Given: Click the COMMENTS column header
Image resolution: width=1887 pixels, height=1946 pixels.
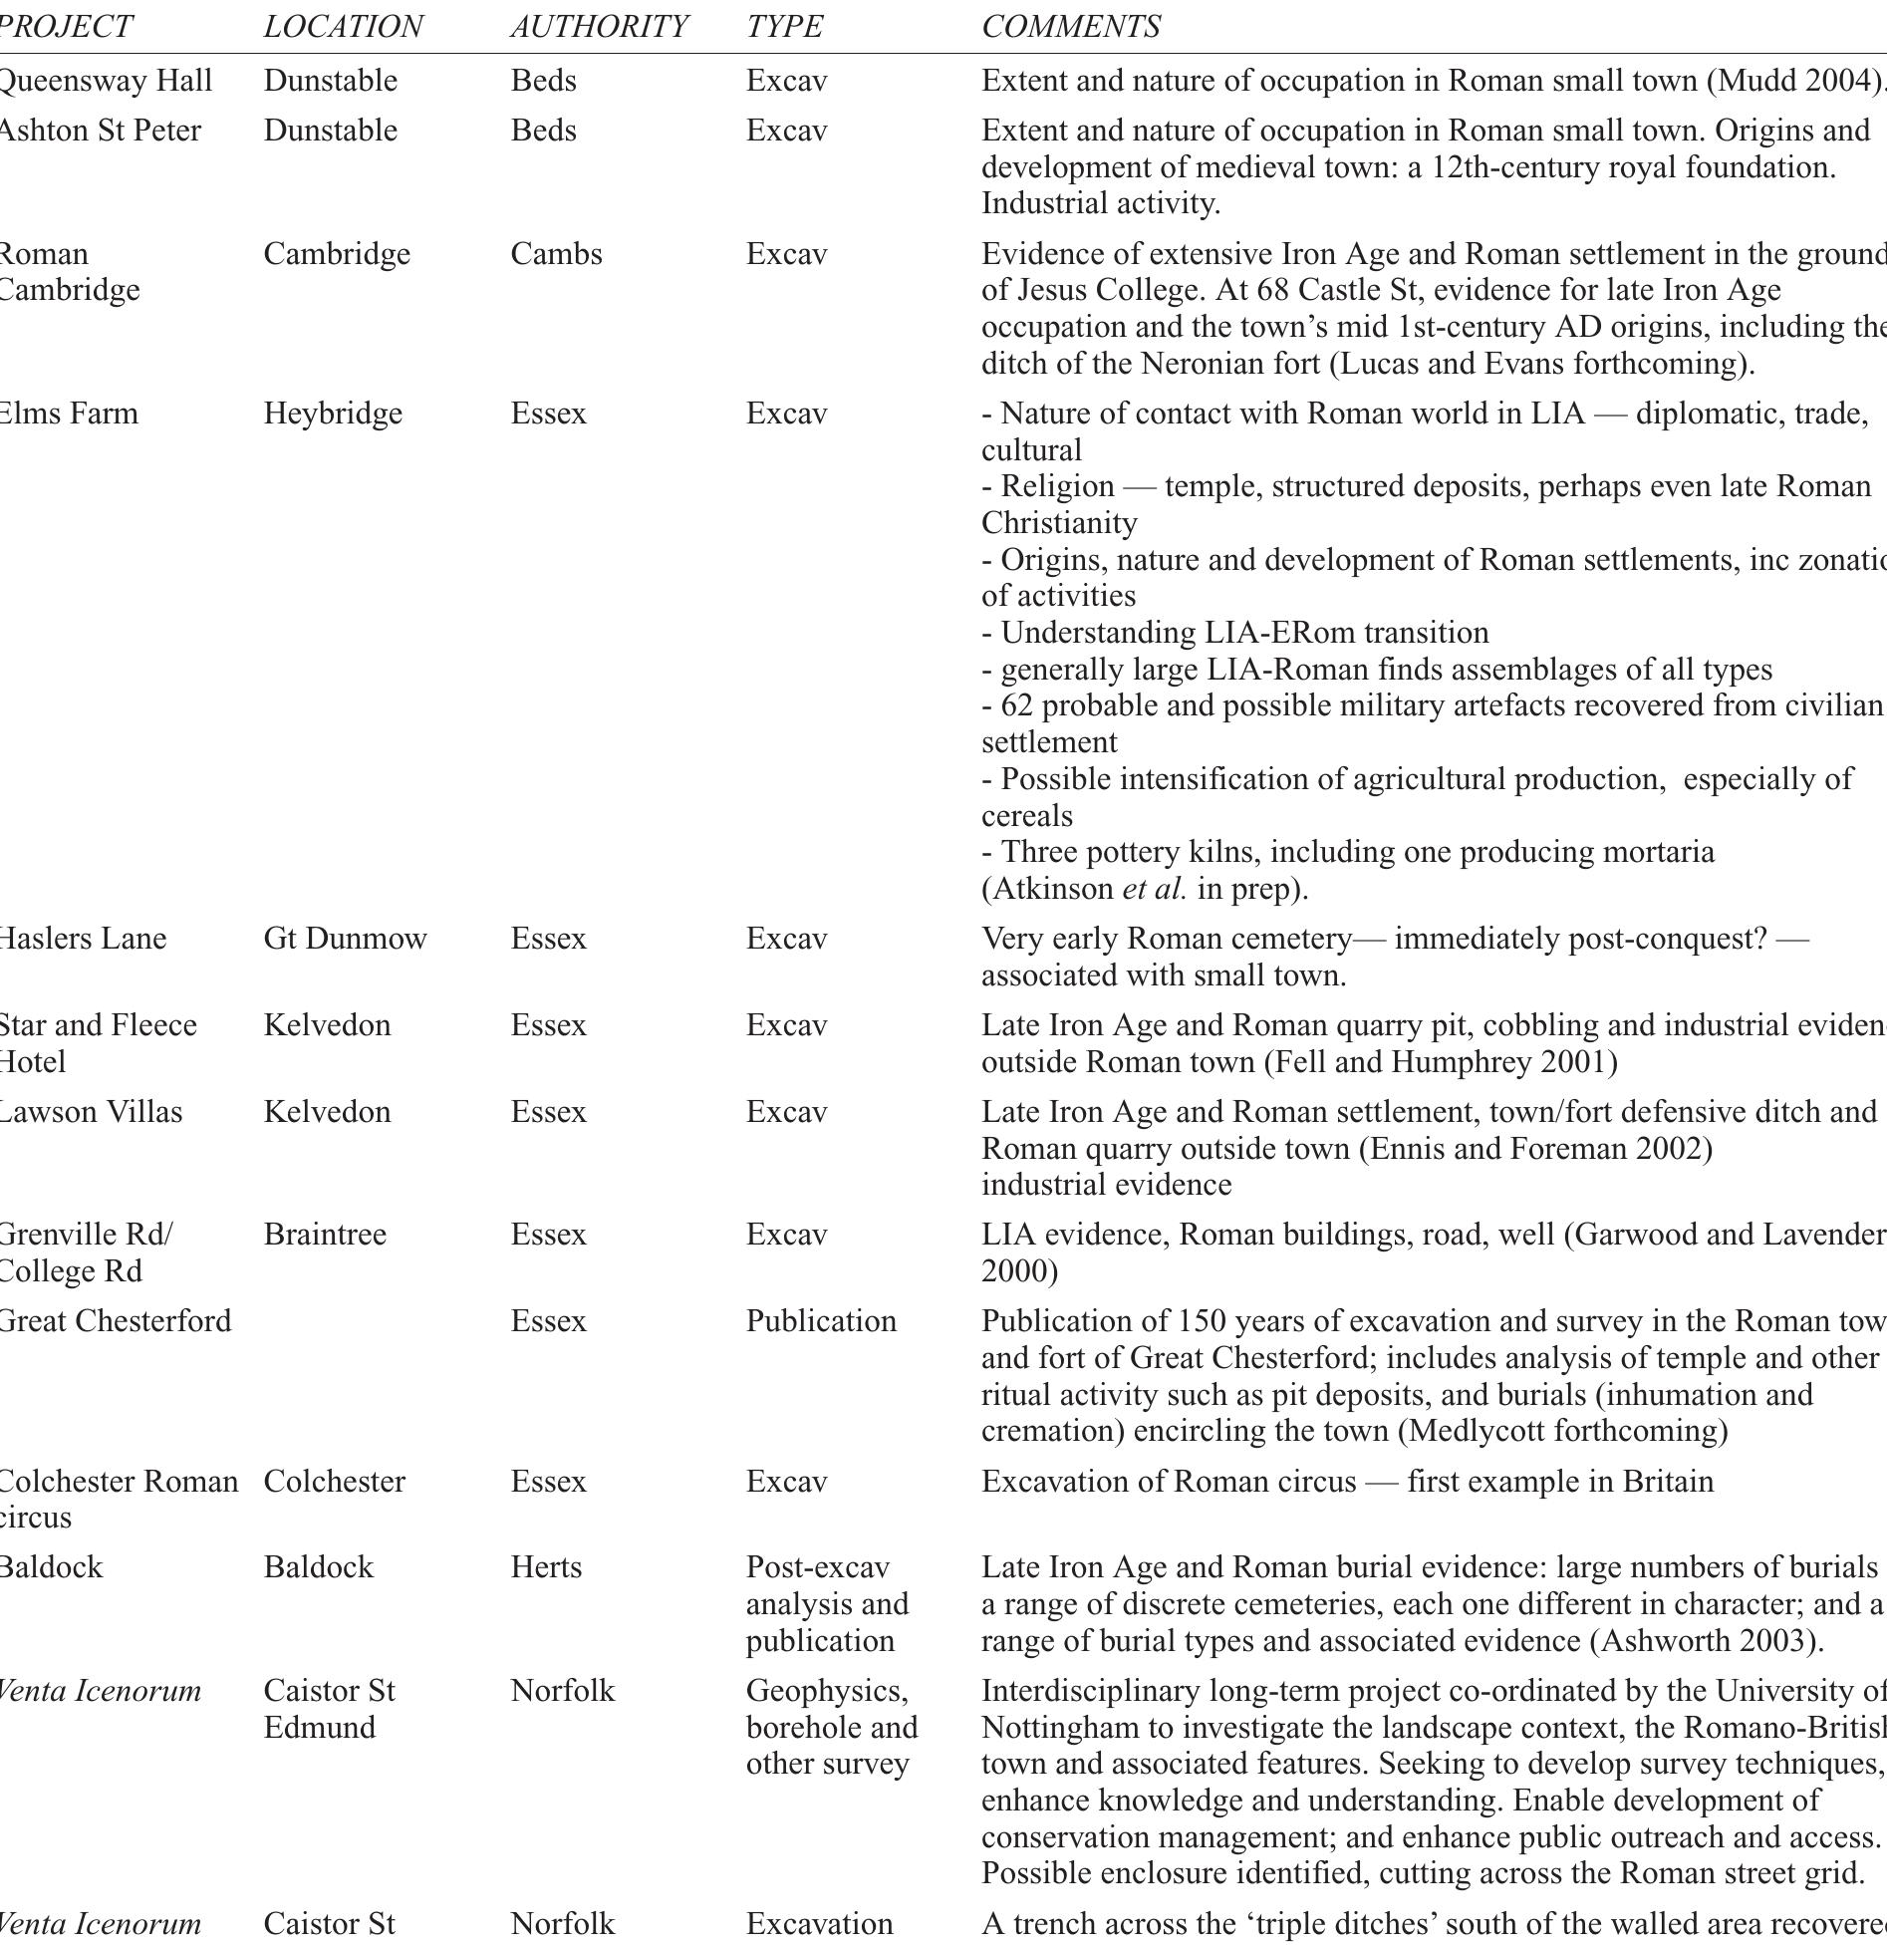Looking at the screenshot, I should click(x=1071, y=27).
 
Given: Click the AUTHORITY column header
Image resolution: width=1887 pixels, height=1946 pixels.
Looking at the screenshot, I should click(x=599, y=27).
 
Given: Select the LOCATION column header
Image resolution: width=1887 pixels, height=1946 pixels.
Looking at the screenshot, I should click(x=343, y=27).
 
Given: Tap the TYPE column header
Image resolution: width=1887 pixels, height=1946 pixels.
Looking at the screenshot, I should click(x=784, y=27).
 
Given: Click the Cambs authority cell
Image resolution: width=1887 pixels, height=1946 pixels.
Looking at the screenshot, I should click(x=556, y=254).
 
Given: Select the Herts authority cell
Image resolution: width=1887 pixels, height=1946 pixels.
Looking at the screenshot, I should click(x=546, y=1567).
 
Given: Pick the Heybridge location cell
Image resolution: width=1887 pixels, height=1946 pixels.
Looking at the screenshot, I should click(x=333, y=414).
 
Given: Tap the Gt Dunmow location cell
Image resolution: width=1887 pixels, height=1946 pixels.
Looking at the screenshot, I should click(x=345, y=939).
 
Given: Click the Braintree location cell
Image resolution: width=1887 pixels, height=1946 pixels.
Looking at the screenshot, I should click(x=325, y=1235).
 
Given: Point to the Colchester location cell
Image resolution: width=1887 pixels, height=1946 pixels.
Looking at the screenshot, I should click(x=334, y=1482).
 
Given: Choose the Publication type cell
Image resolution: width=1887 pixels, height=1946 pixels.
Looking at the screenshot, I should click(x=821, y=1321).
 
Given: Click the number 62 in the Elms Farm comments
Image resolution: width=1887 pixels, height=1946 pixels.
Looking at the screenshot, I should click(x=1017, y=705).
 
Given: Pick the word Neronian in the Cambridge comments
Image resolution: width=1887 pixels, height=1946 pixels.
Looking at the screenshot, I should click(x=1200, y=364).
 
